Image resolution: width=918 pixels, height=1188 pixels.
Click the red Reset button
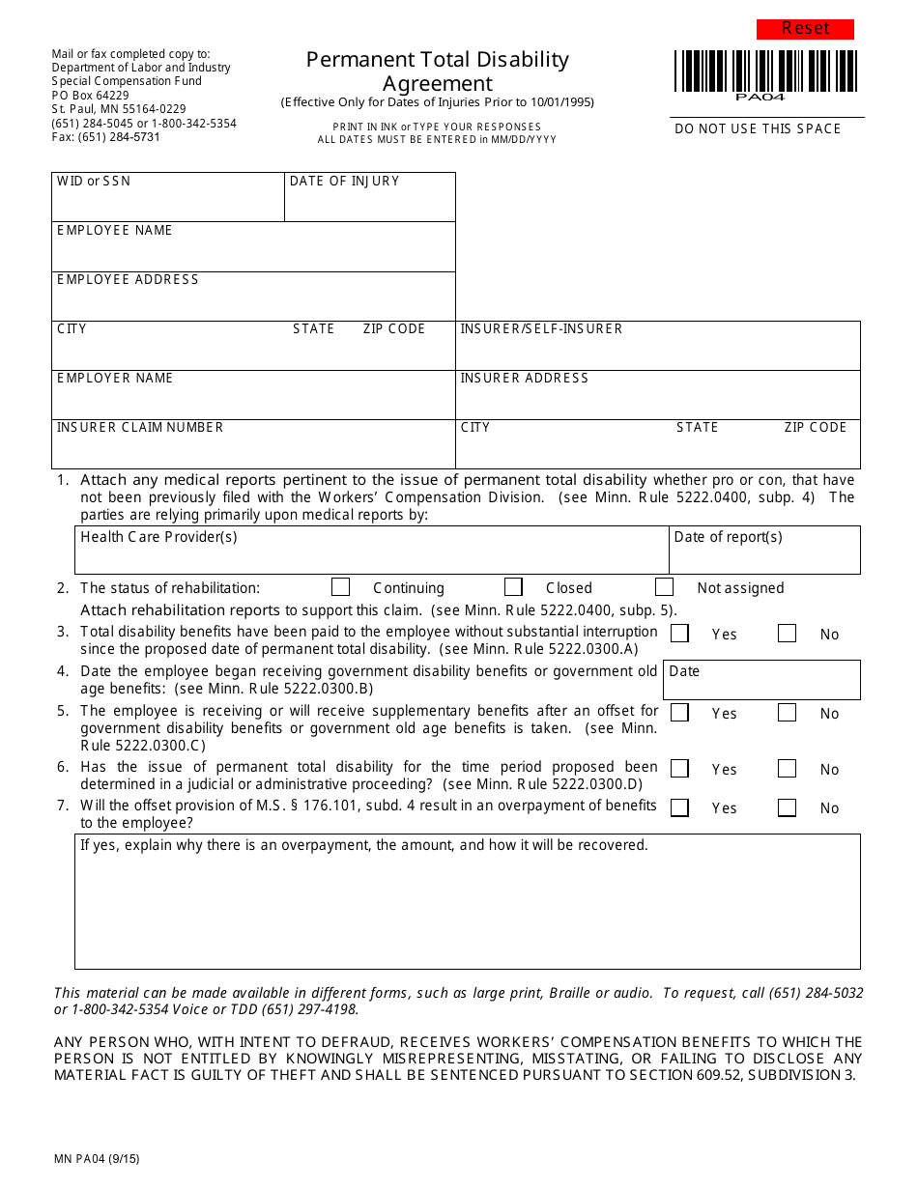[x=805, y=29]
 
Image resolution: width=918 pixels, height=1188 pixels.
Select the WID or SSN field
[x=167, y=203]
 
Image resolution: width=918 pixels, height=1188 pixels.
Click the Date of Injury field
[x=369, y=203]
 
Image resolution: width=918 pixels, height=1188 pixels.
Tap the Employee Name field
[x=253, y=253]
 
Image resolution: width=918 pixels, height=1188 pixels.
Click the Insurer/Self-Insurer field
[x=657, y=352]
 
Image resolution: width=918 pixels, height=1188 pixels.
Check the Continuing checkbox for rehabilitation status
[x=340, y=587]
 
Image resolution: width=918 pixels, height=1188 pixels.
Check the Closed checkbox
[x=514, y=587]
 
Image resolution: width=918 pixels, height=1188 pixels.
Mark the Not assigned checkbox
[x=664, y=587]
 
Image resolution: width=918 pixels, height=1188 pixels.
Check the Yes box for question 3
[x=680, y=634]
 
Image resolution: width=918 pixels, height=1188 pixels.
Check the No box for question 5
[x=788, y=713]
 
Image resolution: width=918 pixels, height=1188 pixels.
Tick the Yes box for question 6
[x=680, y=769]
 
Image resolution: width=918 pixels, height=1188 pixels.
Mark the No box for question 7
[x=788, y=807]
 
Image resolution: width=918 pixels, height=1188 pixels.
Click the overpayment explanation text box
[x=468, y=908]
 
